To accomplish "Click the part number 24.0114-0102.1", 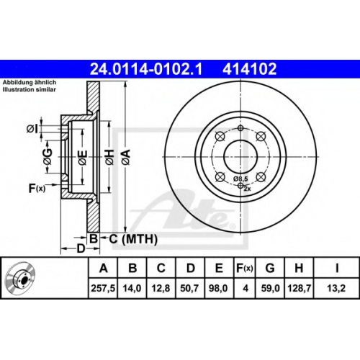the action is click(146, 69).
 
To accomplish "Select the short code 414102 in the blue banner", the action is click(250, 69).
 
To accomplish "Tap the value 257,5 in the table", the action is click(103, 288).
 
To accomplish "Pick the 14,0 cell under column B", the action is click(132, 288).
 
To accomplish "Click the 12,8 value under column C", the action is click(161, 288).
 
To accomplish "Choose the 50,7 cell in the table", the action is click(189, 288).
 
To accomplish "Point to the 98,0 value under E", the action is click(218, 288).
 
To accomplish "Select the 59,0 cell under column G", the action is click(270, 288).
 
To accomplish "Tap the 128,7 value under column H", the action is click(300, 288).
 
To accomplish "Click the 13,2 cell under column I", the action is click(336, 288).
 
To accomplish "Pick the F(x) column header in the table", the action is click(245, 268).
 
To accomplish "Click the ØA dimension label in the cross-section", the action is click(126, 157).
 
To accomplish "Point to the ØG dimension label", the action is click(48, 157).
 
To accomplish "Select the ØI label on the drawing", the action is click(32, 130).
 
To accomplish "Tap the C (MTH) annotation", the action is click(133, 239).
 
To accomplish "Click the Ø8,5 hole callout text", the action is click(240, 179).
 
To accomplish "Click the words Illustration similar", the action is click(29, 89).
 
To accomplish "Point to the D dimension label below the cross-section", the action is click(81, 248).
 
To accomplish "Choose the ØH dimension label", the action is click(110, 157).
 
